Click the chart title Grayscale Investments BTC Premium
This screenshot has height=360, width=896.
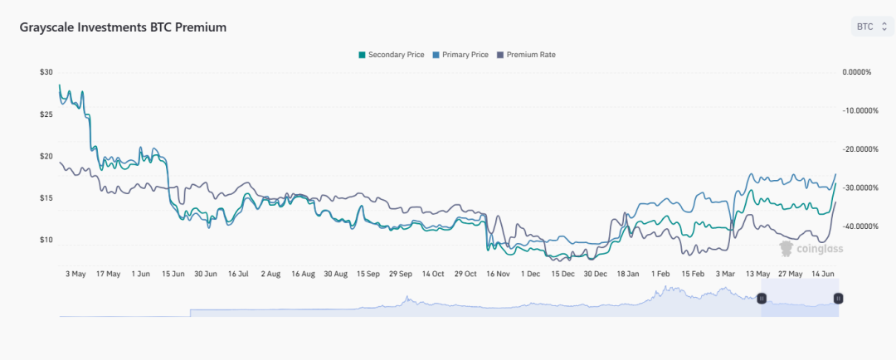[123, 27]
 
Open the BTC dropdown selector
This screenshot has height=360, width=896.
[871, 27]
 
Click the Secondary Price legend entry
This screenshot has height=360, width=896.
[391, 55]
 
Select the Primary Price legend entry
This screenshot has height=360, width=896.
[460, 55]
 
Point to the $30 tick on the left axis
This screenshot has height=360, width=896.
[46, 72]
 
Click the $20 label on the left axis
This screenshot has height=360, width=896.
[46, 156]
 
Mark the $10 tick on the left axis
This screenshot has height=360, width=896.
[46, 240]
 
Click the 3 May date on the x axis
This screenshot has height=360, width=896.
[75, 273]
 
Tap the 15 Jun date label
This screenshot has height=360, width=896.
[173, 273]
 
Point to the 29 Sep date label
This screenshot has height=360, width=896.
[401, 273]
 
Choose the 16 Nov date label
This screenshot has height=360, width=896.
[498, 273]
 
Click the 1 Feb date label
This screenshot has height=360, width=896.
[660, 273]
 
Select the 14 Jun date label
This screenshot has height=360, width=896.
[824, 273]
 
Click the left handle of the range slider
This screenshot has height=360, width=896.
[762, 298]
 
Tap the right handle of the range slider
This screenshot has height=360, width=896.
[838, 298]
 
